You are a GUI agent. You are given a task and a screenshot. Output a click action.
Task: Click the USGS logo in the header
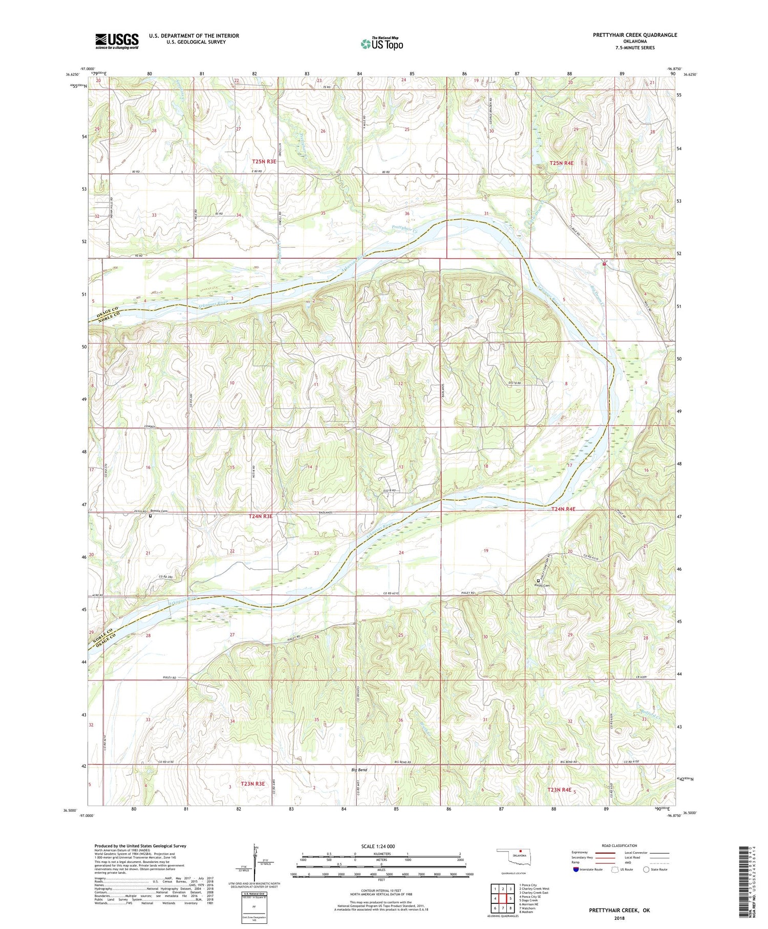point(117,41)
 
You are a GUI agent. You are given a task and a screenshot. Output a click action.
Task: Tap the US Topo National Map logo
point(381,44)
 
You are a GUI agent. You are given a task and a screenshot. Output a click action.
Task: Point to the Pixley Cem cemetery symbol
point(538,581)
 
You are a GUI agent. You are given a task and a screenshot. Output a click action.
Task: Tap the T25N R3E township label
point(264,161)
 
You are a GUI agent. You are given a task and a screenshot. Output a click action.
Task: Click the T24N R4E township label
point(564,509)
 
